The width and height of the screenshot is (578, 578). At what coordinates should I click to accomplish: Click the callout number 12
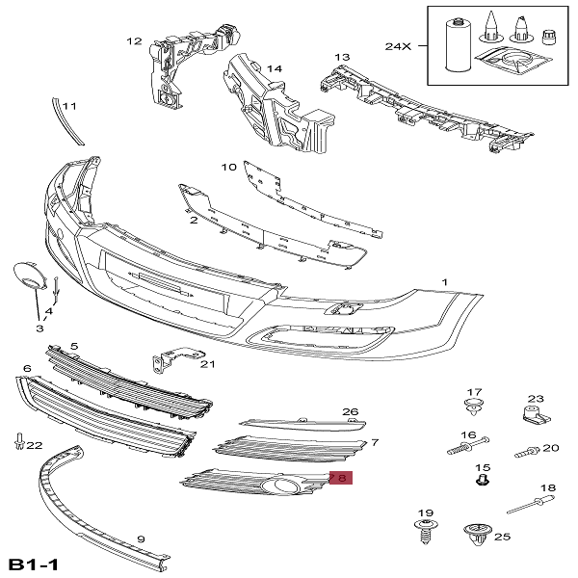pyautogui.click(x=134, y=41)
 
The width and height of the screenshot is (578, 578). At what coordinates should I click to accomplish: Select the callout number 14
pyautogui.click(x=275, y=69)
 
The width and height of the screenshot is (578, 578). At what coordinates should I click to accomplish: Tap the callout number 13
pyautogui.click(x=342, y=58)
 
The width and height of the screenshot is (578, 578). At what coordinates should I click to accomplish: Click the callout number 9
pyautogui.click(x=141, y=539)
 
